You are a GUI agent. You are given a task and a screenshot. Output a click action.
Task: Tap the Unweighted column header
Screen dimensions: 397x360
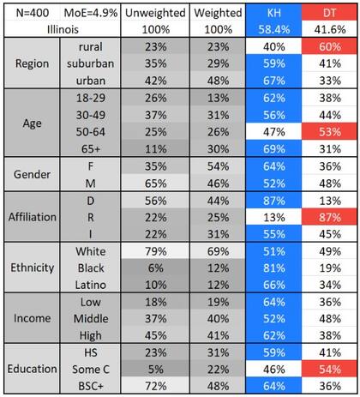[x=153, y=14]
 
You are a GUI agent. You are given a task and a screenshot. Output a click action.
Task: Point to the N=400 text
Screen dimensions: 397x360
[x=30, y=14]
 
